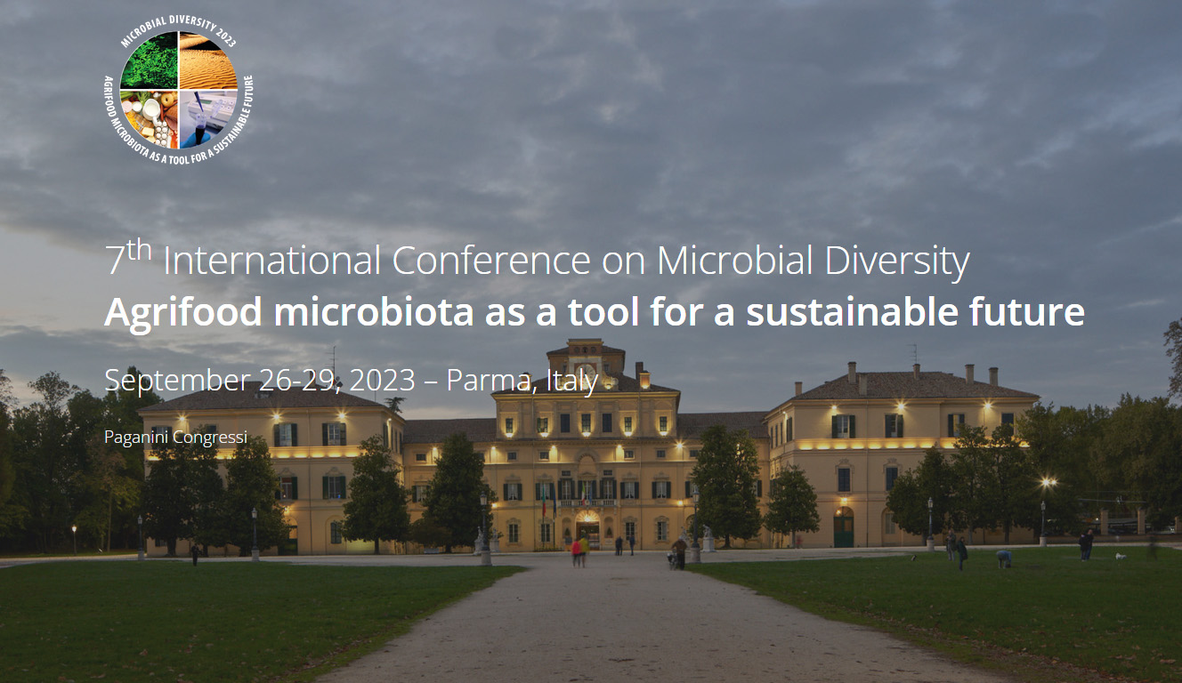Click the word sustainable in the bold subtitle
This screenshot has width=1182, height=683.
tap(852, 311)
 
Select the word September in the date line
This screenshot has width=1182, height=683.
tap(177, 381)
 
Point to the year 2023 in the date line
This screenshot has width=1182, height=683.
tap(382, 380)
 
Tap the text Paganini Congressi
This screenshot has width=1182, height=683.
tap(175, 438)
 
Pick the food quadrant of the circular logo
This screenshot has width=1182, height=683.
tap(150, 118)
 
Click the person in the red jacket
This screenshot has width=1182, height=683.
tap(576, 553)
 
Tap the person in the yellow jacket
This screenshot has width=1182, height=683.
tap(584, 550)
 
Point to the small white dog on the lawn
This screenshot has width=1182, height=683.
tap(1121, 556)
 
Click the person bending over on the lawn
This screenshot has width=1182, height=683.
tap(1004, 558)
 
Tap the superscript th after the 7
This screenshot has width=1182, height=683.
tap(140, 250)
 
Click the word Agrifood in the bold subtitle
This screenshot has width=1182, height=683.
tap(183, 313)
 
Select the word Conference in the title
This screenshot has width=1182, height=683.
tap(490, 260)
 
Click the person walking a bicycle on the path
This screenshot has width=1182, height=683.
tap(678, 553)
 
